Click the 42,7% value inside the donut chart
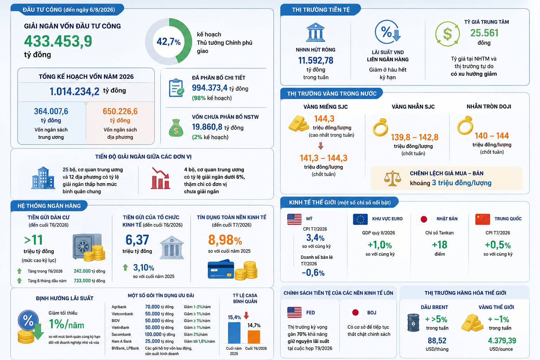tap(168, 42)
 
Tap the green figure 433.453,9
tap(58, 41)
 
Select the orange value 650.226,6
tap(120, 111)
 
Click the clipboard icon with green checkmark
tap(176, 88)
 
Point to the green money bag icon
tap(176, 128)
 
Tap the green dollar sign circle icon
tap(448, 34)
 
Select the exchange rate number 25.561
tap(484, 33)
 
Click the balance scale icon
tap(392, 178)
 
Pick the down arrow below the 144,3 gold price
tap(321, 146)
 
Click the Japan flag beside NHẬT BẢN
tap(424, 219)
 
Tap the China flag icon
tap(483, 219)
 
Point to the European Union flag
tap(360, 219)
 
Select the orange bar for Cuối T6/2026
tap(254, 336)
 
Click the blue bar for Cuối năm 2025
tap(234, 333)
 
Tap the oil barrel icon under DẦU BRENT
tap(413, 323)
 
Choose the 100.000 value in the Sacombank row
tap(153, 334)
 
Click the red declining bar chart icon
tap(160, 178)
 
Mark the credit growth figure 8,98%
tap(225, 240)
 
